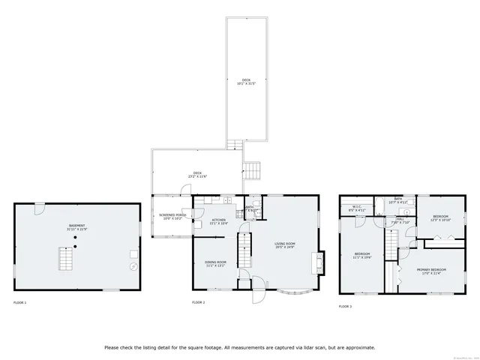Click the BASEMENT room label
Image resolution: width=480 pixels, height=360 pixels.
click(77, 226)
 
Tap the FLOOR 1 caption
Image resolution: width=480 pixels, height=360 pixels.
click(19, 302)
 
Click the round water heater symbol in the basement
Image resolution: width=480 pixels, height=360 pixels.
click(134, 265)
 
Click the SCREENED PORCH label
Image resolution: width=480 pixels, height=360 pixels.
click(172, 217)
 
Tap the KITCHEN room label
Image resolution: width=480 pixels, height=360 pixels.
click(218, 221)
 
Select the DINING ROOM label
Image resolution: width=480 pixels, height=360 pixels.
click(215, 263)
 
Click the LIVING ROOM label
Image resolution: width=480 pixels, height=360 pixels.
click(284, 244)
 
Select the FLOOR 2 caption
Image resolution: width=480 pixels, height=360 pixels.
click(199, 302)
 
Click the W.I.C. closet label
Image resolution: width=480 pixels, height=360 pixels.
click(357, 210)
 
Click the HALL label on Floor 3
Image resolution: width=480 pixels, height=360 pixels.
click(400, 220)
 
